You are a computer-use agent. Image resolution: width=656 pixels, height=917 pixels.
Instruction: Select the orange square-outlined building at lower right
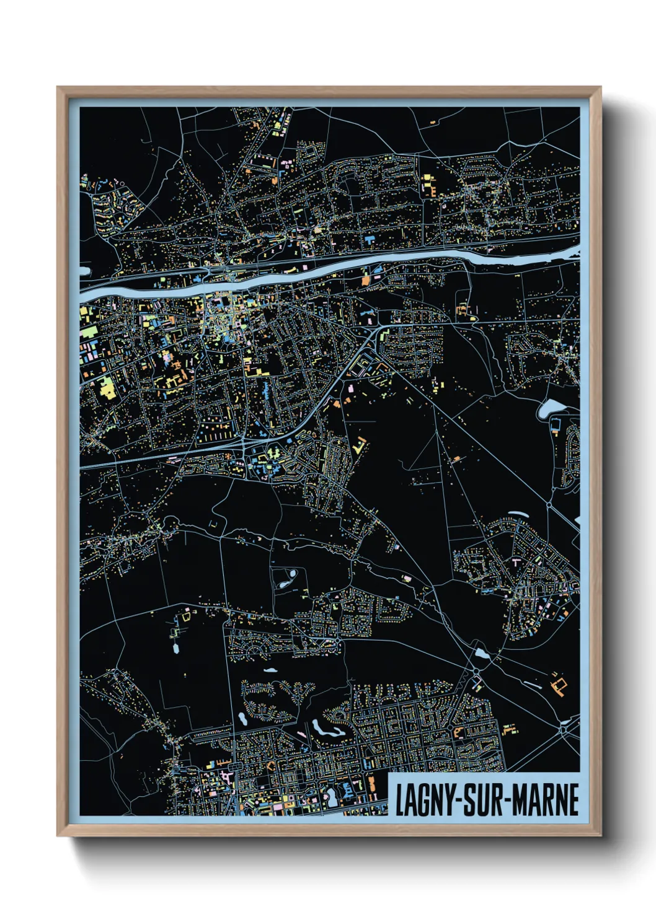[560, 685]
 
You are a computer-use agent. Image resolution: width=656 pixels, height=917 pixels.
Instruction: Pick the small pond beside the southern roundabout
[481, 654]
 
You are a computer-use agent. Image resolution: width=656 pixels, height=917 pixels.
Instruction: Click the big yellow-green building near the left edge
[107, 388]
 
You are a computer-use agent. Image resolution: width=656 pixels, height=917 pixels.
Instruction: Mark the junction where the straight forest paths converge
[437, 431]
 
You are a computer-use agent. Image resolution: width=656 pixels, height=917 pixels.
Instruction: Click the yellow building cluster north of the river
[428, 184]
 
